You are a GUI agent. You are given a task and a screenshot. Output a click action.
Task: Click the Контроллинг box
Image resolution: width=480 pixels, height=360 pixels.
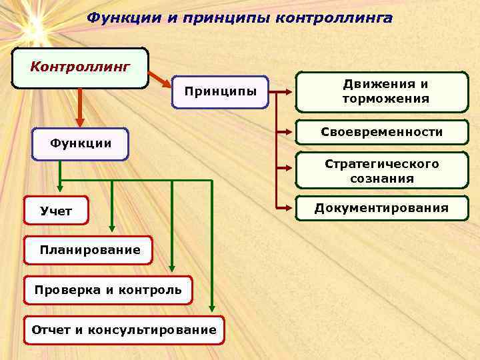click(80, 68)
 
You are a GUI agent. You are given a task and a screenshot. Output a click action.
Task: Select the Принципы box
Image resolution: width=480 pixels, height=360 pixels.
click(219, 91)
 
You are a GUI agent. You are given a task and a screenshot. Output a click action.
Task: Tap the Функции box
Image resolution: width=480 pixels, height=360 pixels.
click(80, 144)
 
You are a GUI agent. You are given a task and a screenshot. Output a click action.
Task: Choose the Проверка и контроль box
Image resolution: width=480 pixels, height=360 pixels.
click(108, 290)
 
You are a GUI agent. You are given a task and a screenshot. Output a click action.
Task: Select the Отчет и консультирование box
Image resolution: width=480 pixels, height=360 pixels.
click(125, 330)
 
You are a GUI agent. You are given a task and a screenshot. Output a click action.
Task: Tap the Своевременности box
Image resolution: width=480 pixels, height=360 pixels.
click(381, 133)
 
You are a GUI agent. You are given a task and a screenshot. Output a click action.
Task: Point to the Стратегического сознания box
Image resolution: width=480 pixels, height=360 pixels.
click(381, 171)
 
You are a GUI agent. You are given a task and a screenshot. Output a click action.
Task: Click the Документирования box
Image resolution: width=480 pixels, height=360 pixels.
click(381, 209)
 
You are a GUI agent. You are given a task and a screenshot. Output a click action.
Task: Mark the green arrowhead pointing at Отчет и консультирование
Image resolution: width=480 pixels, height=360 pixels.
click(212, 308)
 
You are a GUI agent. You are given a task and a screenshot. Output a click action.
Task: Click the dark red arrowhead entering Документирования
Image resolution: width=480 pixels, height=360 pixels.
click(291, 208)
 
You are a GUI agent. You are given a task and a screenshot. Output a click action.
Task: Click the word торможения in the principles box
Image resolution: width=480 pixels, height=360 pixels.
click(385, 99)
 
